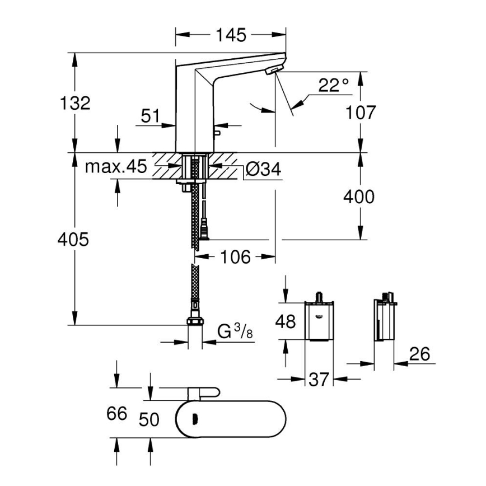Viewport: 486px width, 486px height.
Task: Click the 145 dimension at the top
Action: [231, 35]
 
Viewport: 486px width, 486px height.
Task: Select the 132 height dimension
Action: [75, 103]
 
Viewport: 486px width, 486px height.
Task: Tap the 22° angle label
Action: [334, 86]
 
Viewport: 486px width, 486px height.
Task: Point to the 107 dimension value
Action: [361, 112]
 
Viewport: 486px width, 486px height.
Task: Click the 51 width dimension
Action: [150, 116]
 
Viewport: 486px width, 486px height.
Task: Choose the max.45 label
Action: [116, 167]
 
